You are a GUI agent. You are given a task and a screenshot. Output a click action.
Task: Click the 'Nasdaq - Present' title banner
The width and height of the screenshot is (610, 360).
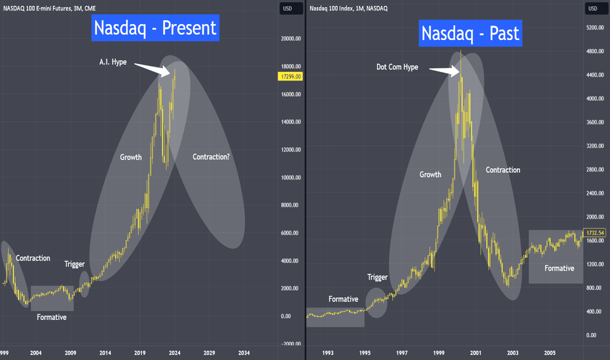[155, 27]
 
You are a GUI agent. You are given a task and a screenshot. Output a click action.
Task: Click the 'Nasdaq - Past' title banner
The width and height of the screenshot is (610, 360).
[471, 33]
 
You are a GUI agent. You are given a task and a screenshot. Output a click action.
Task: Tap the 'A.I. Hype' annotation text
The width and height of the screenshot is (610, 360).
[113, 62]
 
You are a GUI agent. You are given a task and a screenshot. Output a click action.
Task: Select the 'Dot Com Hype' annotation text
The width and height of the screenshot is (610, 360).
[397, 67]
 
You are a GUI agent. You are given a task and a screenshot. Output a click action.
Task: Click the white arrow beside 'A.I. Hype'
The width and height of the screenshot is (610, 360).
[152, 69]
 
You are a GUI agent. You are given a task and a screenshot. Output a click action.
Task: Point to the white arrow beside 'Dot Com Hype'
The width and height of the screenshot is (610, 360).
[444, 71]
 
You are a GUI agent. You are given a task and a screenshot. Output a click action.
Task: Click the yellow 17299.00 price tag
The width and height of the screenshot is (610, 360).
[290, 77]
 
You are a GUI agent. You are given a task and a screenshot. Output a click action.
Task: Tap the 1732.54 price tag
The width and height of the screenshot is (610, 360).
[595, 233]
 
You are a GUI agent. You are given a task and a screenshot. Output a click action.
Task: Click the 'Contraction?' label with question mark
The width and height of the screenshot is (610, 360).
[211, 157]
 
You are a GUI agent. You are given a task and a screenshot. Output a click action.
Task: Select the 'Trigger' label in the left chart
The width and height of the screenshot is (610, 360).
[75, 264]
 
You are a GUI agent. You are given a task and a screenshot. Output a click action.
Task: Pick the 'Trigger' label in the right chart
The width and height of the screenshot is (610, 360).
[378, 277]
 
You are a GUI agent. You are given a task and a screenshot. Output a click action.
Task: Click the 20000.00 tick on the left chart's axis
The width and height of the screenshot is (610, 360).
[291, 39]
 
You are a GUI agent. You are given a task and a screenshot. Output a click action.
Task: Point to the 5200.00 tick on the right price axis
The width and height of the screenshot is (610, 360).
[595, 27]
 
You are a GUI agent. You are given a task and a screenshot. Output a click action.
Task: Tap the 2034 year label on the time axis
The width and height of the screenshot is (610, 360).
[244, 353]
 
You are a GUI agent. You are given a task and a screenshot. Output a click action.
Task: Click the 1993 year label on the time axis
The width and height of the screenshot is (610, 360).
[327, 353]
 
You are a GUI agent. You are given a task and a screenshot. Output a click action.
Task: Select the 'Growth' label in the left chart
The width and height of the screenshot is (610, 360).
[131, 157]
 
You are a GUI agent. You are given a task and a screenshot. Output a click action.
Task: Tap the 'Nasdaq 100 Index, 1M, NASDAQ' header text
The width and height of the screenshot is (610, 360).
[349, 8]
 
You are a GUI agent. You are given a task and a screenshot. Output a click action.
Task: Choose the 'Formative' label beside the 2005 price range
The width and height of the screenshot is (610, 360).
[559, 268]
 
